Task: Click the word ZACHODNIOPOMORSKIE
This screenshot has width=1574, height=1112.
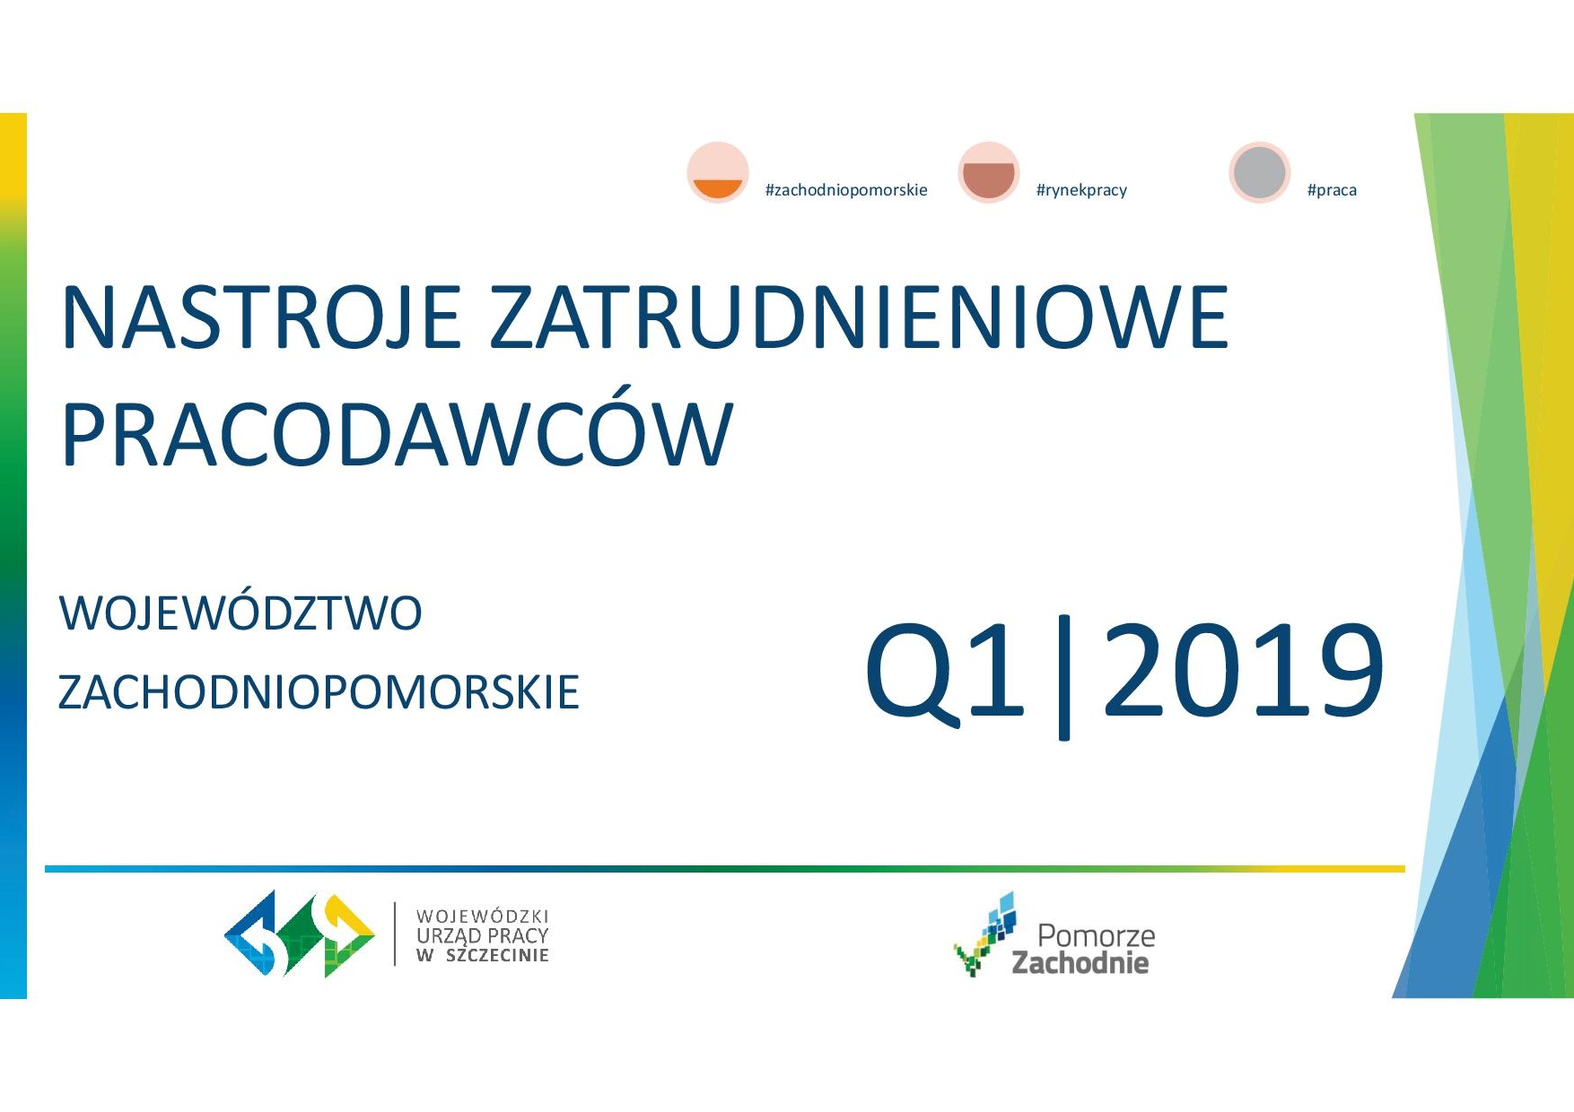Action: [x=319, y=692]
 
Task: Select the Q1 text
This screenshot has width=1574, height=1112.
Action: [x=945, y=671]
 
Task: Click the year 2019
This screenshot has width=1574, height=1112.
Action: [x=1244, y=671]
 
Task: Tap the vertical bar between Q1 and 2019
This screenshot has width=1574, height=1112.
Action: [x=1064, y=677]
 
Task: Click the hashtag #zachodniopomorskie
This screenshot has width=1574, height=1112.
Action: [x=846, y=190]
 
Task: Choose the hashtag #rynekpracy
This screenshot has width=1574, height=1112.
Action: [x=1081, y=190]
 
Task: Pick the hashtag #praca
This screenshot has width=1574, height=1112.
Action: [x=1332, y=190]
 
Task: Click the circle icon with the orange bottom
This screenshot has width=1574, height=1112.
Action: [x=718, y=172]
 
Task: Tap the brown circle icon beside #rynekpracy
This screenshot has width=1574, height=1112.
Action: [x=989, y=172]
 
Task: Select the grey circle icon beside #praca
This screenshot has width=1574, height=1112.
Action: [x=1260, y=172]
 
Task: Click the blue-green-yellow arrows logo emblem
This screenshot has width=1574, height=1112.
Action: [x=299, y=934]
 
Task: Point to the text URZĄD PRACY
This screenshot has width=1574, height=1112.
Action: [x=482, y=935]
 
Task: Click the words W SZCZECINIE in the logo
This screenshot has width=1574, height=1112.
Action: [x=482, y=956]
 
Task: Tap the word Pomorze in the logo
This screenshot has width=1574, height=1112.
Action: [x=1096, y=935]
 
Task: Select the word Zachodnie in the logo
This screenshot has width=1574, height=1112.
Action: [x=1080, y=962]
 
